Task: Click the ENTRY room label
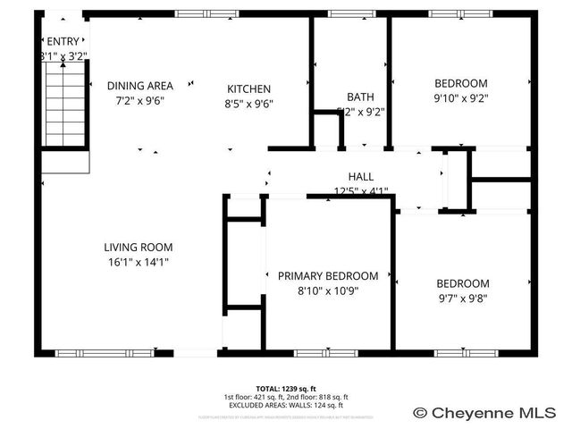63,41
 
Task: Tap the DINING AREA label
139,86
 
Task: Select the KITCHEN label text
248,88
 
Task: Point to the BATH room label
360,97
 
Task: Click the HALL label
360,177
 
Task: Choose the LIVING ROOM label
138,248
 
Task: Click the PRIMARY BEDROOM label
327,276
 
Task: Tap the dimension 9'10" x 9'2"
461,98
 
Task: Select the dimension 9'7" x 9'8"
463,299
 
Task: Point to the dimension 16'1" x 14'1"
137,262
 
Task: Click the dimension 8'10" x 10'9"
327,290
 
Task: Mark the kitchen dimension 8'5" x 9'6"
248,103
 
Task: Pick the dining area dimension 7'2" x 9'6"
139,100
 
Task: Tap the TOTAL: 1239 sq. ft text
285,389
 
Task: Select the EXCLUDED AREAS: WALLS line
285,405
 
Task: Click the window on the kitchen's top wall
199,13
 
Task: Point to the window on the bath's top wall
344,13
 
